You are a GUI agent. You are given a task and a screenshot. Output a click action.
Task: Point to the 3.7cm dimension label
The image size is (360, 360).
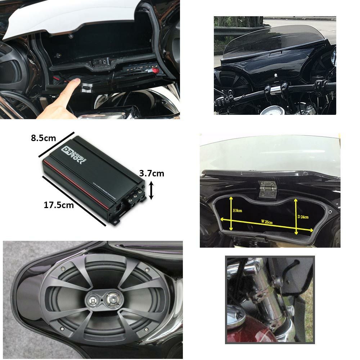click(x=152, y=174)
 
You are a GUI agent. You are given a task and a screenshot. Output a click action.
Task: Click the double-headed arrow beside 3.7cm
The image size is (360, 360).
click(x=152, y=190)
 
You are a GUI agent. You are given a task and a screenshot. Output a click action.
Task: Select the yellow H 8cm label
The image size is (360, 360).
click(x=238, y=211)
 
